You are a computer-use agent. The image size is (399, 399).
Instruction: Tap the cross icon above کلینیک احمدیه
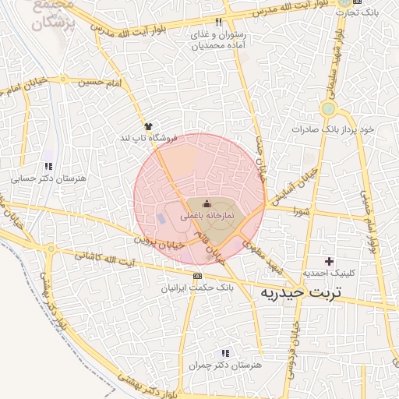pyautogui.click(x=329, y=261)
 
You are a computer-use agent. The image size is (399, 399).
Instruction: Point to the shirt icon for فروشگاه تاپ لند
pyautogui.click(x=148, y=125)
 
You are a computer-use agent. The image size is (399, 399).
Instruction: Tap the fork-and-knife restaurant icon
pyautogui.click(x=218, y=22)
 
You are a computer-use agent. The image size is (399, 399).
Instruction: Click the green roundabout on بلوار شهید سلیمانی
pyautogui.click(x=328, y=109)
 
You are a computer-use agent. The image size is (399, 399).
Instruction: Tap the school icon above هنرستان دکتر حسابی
pyautogui.click(x=48, y=166)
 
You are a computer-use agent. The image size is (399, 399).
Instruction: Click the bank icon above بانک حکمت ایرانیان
pyautogui.click(x=197, y=276)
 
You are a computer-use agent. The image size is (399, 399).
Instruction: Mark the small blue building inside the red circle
pyautogui.click(x=161, y=217)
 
